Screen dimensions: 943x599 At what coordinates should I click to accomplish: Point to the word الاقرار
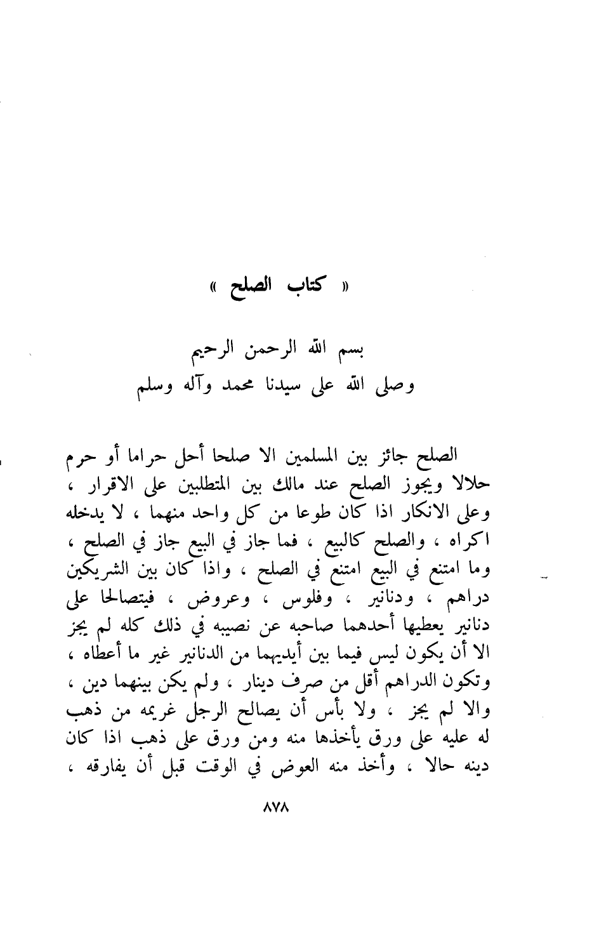pyautogui.click(x=147, y=486)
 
